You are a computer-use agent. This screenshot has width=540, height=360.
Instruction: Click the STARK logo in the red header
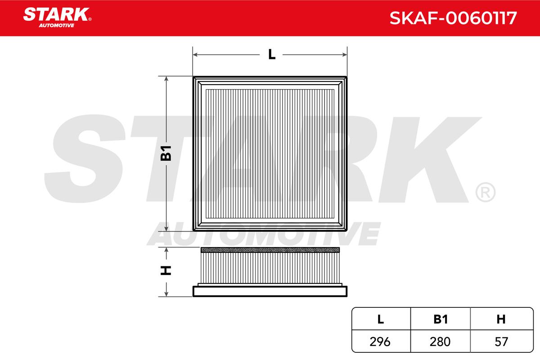coord(57,18)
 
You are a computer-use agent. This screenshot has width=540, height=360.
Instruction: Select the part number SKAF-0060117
coord(453,18)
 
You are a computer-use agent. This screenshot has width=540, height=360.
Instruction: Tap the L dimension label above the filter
coord(272,54)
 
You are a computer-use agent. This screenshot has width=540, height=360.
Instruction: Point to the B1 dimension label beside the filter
coord(166,153)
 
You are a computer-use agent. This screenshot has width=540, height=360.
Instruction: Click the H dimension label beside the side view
coord(166,270)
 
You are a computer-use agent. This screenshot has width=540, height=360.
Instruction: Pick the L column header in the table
coord(380,319)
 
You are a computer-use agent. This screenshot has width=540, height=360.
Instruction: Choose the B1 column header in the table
coord(441,319)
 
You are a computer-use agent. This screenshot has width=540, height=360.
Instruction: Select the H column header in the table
coord(501,319)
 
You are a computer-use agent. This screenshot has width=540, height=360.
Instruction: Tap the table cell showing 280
coord(440,342)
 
